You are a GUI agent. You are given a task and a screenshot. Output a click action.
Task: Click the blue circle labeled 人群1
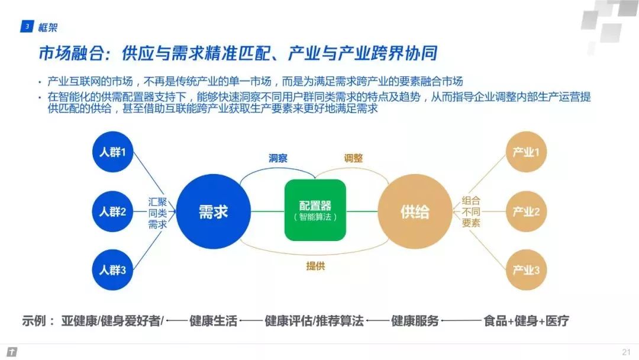tap(112, 153)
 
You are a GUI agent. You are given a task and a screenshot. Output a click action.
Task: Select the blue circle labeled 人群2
tap(112, 211)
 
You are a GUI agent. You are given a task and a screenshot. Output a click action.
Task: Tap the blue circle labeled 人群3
tap(112, 270)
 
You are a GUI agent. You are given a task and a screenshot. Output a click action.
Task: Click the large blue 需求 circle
tap(213, 211)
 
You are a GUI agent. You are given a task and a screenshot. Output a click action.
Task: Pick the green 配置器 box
tap(315, 210)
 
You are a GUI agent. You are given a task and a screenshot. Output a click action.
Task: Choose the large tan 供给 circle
tap(415, 211)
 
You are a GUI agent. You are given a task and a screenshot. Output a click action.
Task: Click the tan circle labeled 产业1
tap(525, 153)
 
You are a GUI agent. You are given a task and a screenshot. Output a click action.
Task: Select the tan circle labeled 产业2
tap(525, 211)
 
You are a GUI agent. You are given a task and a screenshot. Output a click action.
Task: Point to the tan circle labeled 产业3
tap(525, 270)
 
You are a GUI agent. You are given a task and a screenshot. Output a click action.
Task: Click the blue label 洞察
tap(277, 158)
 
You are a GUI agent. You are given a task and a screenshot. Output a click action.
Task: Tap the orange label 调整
tap(353, 158)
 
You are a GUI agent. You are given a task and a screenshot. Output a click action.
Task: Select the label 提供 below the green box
tap(315, 266)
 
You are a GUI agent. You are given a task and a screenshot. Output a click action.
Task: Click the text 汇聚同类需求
tap(157, 213)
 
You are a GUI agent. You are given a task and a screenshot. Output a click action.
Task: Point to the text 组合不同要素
tap(471, 211)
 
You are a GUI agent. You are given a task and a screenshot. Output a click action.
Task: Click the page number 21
tap(625, 352)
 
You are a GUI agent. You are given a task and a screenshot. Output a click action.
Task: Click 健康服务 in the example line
tap(415, 321)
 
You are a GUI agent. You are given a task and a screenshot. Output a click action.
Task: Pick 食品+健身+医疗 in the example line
tap(526, 321)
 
